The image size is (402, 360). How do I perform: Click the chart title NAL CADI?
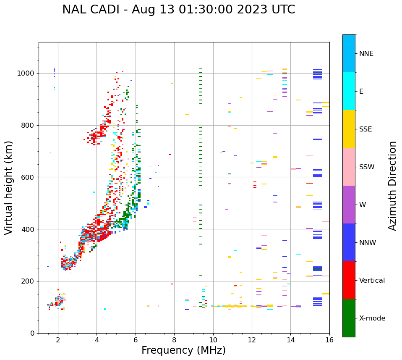click(x=178, y=10)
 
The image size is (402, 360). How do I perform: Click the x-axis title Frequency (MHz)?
click(x=183, y=350)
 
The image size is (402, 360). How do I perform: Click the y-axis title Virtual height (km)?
click(x=9, y=187)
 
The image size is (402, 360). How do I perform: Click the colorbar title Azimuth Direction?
click(x=392, y=186)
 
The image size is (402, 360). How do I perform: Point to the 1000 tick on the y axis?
click(x=28, y=73)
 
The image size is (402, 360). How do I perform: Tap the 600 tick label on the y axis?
click(x=30, y=177)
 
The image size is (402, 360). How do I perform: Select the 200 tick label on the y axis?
click(x=30, y=281)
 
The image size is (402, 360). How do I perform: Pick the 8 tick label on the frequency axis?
click(x=174, y=340)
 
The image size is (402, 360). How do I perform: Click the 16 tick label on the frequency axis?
click(x=329, y=340)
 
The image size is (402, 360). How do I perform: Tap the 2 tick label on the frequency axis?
click(x=58, y=340)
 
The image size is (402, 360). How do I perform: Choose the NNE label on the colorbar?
click(x=366, y=54)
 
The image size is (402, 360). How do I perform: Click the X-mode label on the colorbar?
click(x=372, y=318)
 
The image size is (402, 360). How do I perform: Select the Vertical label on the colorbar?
click(x=372, y=281)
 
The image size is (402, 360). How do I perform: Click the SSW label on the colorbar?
click(x=367, y=167)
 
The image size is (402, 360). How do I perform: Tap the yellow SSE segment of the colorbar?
click(x=349, y=129)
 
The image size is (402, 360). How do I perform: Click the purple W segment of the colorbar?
click(x=349, y=205)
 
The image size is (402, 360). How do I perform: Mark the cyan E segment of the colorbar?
click(x=349, y=91)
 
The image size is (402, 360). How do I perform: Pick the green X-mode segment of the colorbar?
click(x=349, y=318)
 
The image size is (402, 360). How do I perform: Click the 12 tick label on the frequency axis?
click(x=252, y=340)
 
